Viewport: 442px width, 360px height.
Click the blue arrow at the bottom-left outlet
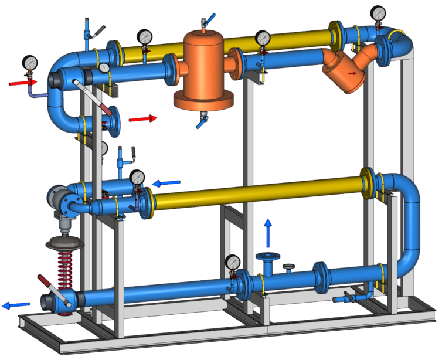click(16, 305)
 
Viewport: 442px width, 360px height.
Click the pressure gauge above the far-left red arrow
click(29, 62)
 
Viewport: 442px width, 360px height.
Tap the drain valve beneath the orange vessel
click(202, 121)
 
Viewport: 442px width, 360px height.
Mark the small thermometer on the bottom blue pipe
click(290, 267)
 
